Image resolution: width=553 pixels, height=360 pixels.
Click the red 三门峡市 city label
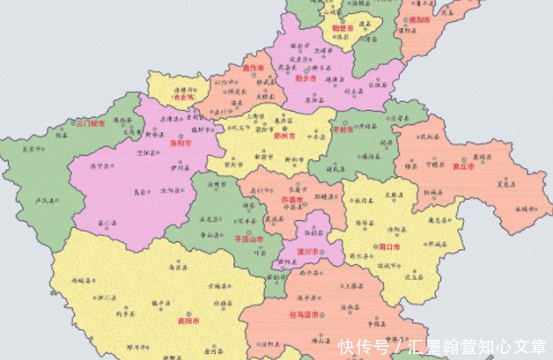coord(89,124)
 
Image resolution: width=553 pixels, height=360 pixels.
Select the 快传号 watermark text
coord(361,346)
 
